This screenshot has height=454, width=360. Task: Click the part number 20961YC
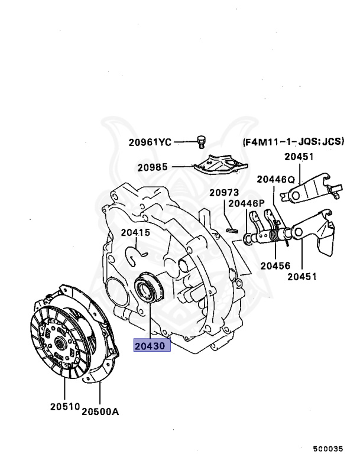150,142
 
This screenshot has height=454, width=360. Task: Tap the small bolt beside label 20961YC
201,141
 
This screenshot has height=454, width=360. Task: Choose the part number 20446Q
275,179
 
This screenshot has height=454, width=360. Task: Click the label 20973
224,193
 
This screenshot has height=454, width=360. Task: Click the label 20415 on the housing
136,232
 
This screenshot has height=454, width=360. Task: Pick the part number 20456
275,265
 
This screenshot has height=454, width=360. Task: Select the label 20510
64,407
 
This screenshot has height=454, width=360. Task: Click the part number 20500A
100,411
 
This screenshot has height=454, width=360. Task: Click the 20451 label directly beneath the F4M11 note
299,157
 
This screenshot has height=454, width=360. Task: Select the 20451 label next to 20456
303,276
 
